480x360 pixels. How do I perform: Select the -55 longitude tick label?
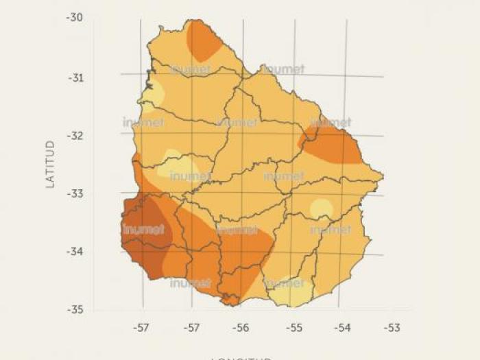pos(293,328)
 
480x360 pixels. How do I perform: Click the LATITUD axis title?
pos(50,165)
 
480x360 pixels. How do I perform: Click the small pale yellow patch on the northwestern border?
pos(154,93)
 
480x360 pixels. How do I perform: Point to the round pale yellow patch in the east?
pos(321,208)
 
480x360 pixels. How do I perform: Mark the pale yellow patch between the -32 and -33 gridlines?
pos(180,165)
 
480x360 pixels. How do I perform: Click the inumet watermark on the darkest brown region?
pos(143,229)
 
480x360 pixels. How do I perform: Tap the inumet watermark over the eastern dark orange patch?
pos(331,123)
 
